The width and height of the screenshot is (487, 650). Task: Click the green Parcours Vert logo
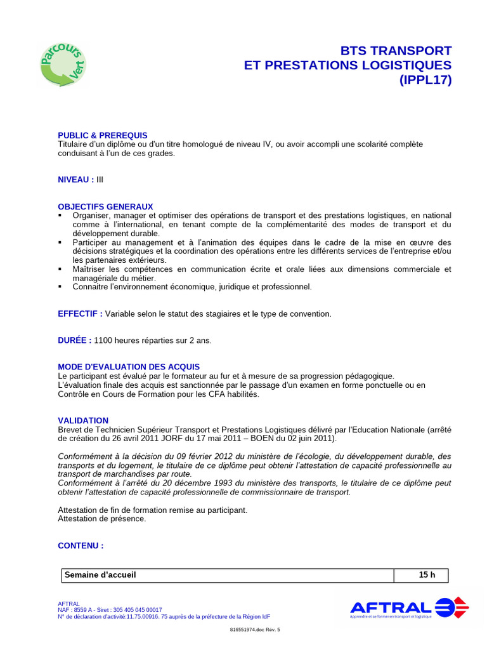[x=63, y=64]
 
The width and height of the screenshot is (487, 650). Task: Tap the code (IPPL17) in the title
[x=425, y=80]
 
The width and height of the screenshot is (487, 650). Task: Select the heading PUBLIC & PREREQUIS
[x=102, y=135]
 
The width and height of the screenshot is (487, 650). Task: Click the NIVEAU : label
[x=76, y=180]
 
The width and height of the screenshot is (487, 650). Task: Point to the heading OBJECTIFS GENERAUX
[x=105, y=206]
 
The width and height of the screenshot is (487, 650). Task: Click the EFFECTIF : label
[x=80, y=314]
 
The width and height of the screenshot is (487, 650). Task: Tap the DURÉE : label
[x=74, y=340]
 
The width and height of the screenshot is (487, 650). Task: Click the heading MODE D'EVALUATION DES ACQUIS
[x=129, y=367]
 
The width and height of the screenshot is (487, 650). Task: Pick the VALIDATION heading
[x=83, y=420]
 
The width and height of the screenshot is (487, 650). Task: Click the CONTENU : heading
[x=81, y=545]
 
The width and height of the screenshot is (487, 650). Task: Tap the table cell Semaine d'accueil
[x=100, y=575]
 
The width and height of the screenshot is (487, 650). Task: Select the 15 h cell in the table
[x=427, y=575]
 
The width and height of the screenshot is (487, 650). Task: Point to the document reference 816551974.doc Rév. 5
[x=254, y=630]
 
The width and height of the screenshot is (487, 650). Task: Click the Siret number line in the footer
[x=110, y=609]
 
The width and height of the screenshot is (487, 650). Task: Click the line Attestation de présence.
[x=101, y=519]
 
